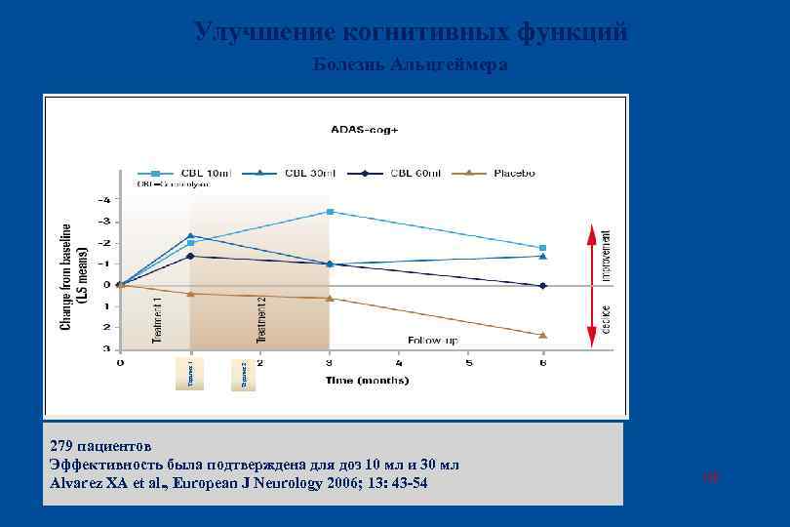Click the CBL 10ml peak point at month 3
331,212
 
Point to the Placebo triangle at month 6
543,335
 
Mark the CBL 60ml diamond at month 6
543,286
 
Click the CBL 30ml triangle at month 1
191,235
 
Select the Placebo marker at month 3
331,298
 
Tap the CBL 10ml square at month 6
543,248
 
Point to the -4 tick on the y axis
105,199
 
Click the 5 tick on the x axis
468,363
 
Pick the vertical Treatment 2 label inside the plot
260,320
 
